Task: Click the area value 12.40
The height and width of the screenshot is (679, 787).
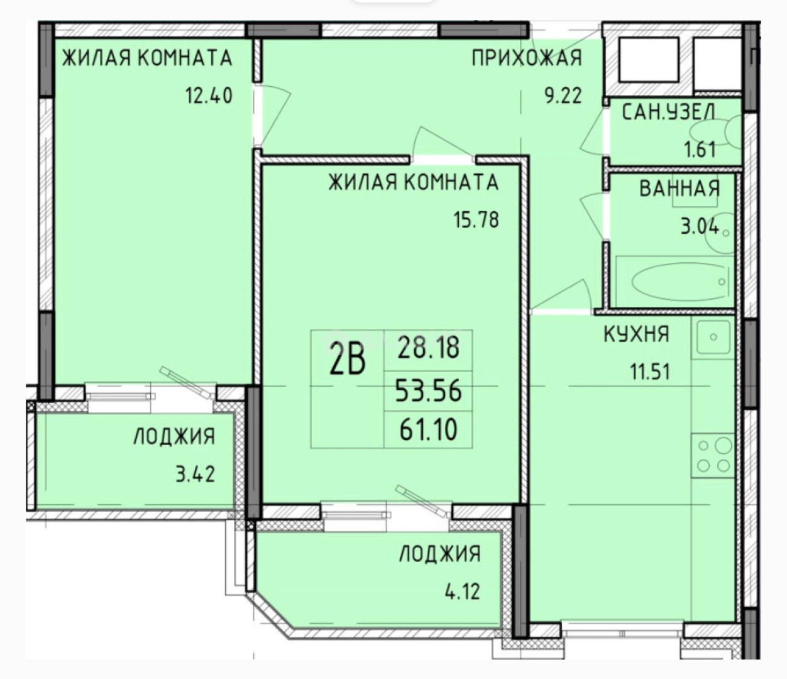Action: coord(209,96)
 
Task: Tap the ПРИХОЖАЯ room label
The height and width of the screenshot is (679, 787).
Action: coord(527,58)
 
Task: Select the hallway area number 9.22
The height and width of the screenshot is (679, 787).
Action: coord(563,96)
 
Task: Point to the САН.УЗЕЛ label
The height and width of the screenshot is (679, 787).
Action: coord(669,113)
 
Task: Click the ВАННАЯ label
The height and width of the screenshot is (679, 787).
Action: coord(680,189)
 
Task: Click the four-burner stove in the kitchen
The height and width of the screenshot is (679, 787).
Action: coord(713,455)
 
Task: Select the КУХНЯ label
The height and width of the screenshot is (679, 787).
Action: coord(636,334)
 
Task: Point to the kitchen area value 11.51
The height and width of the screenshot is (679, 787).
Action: coord(650,372)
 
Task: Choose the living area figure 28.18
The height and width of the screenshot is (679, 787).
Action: coord(428,348)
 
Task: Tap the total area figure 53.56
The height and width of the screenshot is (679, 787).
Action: coord(428,390)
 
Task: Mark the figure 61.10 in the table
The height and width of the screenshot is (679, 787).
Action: coord(428,430)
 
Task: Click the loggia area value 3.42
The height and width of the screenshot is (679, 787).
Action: coord(195,475)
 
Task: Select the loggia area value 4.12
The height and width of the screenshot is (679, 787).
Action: coord(463,592)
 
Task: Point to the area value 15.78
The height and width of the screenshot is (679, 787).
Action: coord(476,220)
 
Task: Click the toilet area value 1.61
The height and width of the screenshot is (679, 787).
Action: coord(700,149)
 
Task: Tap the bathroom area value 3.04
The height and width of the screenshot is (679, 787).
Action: coord(700,227)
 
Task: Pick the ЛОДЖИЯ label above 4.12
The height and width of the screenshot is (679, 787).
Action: coord(440,554)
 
